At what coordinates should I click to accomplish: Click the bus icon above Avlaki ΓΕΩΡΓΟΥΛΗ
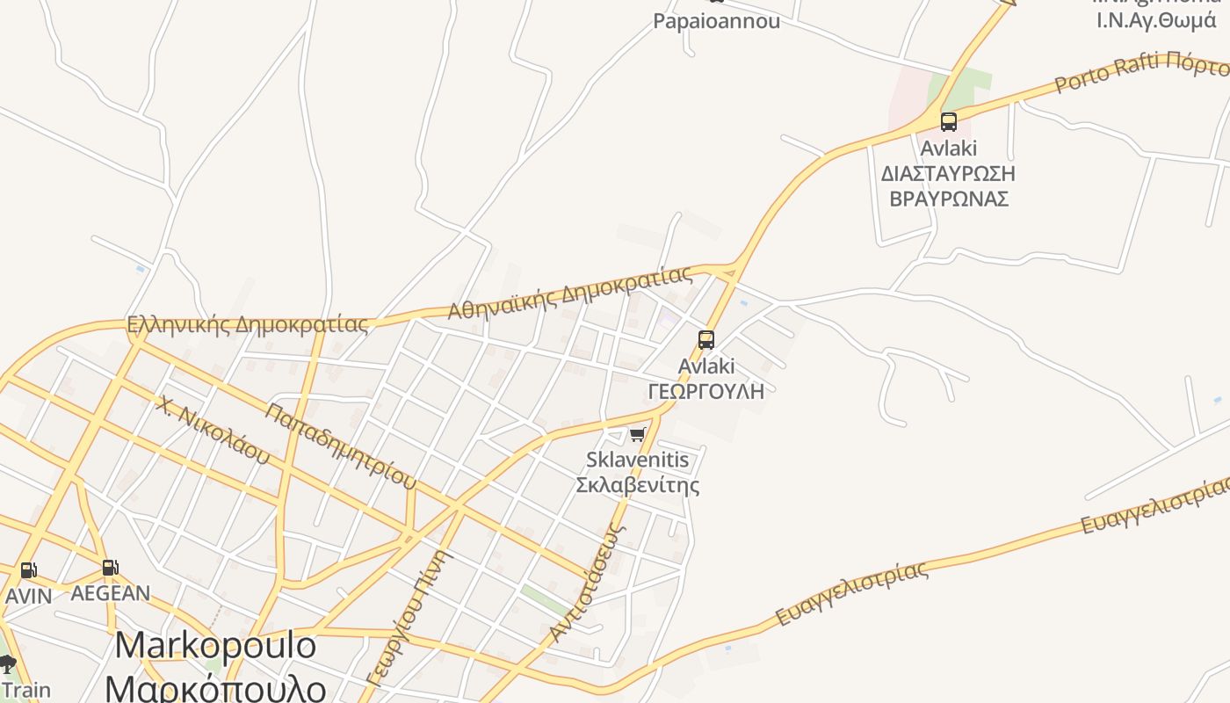click(705, 340)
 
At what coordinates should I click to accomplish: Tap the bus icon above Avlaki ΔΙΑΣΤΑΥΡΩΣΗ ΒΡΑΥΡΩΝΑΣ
click(948, 122)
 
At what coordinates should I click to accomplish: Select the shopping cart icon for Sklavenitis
click(638, 434)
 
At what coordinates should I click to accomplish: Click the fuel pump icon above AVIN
click(28, 570)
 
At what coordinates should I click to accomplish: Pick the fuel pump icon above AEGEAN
click(110, 568)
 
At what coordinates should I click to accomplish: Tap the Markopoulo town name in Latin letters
click(215, 646)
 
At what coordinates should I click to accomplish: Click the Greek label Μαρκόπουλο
click(215, 685)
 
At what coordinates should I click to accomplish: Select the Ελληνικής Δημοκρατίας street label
click(248, 324)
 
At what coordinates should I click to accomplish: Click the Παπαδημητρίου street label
click(341, 446)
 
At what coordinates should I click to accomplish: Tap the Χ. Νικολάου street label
click(213, 430)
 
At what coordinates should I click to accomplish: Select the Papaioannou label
click(716, 21)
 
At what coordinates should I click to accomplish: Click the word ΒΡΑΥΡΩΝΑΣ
click(949, 198)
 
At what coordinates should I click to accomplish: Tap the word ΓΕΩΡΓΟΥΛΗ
click(706, 391)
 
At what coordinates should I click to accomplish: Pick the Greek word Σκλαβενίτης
click(638, 485)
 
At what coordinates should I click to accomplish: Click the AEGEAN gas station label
click(110, 593)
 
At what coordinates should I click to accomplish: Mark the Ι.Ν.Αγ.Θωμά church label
click(1156, 19)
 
